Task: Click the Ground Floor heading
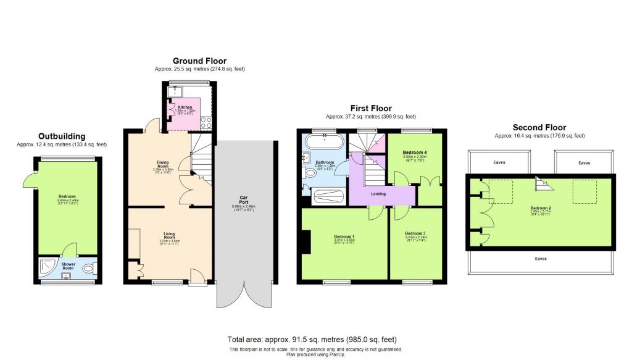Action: coord(199,61)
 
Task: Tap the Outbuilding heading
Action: coord(62,136)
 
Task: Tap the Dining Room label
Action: coord(163,165)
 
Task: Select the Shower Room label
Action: coord(68,265)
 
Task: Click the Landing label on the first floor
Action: coord(378,194)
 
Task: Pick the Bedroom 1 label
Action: coord(344,237)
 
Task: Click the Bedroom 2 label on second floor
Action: coord(541,208)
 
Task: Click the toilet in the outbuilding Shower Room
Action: coord(88,268)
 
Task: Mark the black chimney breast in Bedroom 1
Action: coord(305,242)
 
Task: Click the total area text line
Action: coord(312,339)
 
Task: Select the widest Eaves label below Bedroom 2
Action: coord(540,259)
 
